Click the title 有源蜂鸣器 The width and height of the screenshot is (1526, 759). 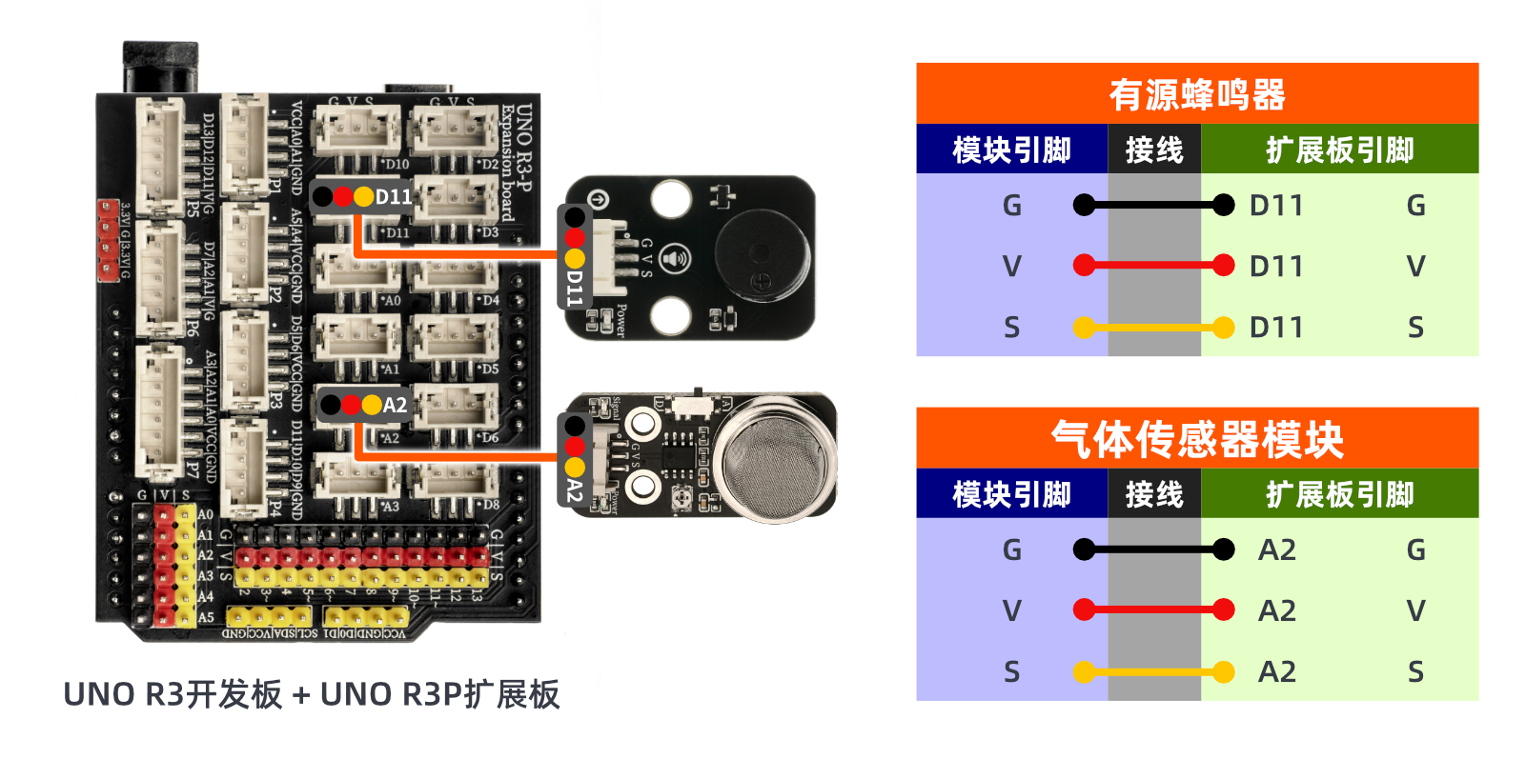pos(1197,94)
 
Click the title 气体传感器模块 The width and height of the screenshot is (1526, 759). pos(1197,439)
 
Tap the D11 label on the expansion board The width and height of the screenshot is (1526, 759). pos(393,197)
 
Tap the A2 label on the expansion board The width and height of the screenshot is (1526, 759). pos(395,406)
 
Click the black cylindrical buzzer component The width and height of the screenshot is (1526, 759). pos(761,254)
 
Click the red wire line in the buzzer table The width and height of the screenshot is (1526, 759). pos(1153,266)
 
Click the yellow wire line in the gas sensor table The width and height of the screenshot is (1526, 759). pos(1153,672)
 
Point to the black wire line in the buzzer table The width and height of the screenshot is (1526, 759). pos(1153,205)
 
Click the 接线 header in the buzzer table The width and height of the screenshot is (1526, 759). pos(1153,150)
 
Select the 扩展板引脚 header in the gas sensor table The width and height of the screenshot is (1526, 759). pos(1339,494)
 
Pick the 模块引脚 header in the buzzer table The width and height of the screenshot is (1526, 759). pos(1011,150)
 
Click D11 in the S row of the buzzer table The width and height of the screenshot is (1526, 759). pos(1275,328)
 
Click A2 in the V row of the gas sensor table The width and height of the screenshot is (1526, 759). pos(1276,611)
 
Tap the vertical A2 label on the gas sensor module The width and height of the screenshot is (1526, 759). pos(574,491)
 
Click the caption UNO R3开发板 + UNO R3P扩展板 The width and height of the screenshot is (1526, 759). pos(311,694)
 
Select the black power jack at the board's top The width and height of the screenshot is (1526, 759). pos(160,67)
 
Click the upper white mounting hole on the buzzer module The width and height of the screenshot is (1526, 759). pos(670,198)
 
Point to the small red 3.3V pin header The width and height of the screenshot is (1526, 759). pos(107,240)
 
